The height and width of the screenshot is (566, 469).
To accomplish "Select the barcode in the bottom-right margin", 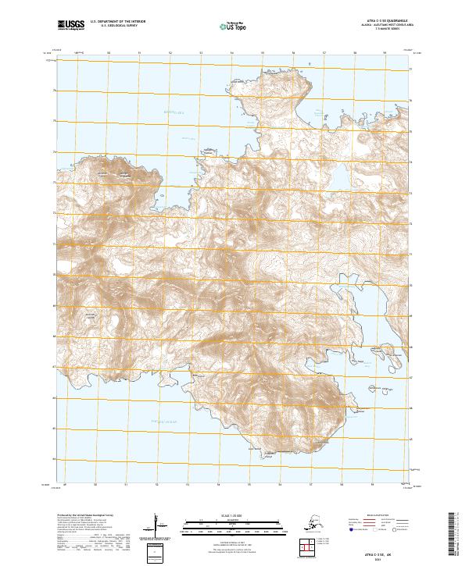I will pyautogui.click(x=456, y=535).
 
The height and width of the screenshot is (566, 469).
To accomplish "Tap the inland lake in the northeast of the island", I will pyautogui.click(x=342, y=180).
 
